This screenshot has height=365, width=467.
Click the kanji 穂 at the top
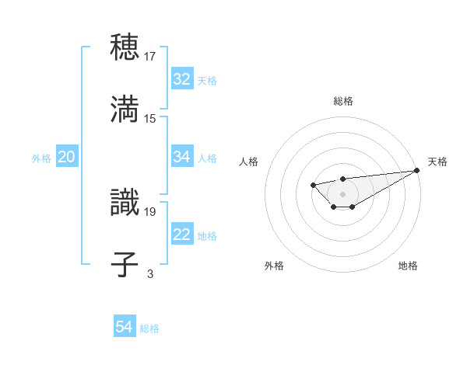125,47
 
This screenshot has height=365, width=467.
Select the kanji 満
125,109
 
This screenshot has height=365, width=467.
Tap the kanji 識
125,202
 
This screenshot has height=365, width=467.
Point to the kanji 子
125,264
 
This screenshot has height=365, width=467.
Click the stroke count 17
150,56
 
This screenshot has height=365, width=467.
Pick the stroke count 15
150,118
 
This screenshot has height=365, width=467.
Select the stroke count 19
150,210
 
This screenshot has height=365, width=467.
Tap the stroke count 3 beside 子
150,273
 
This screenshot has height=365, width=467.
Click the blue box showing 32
182,79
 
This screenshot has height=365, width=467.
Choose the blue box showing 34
182,157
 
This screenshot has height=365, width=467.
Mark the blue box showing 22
182,235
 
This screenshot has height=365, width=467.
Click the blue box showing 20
66,157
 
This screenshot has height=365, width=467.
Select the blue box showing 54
124,328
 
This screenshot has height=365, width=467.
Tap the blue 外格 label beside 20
41,158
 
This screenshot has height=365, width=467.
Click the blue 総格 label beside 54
149,328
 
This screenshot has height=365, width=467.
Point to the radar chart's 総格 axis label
343,101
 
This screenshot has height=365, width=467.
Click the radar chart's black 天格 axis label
438,162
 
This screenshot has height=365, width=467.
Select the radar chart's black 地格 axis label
408,266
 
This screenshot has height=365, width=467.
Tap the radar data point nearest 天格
418,171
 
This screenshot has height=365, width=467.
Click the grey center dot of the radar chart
342,193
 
